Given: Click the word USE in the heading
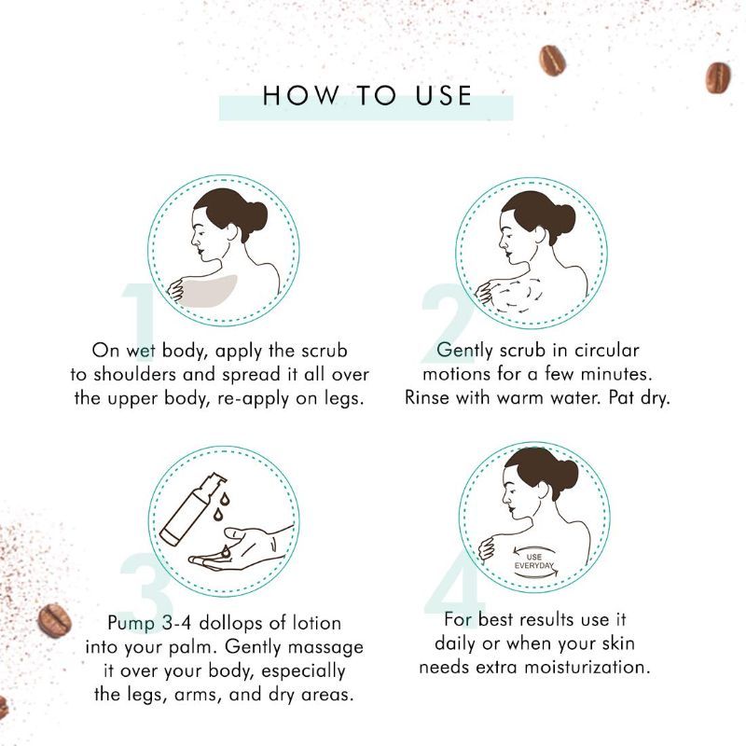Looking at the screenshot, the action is click(x=444, y=95).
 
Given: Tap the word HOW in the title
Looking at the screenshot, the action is click(x=300, y=95).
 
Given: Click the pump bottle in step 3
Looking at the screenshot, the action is click(x=190, y=509).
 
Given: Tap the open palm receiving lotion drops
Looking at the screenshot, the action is click(x=242, y=548).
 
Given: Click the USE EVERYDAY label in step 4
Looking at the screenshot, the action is click(x=533, y=561).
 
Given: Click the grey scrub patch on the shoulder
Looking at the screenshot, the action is click(x=208, y=290).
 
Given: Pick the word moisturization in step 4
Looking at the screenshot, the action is click(x=587, y=667).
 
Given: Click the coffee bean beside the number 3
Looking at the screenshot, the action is click(x=55, y=620).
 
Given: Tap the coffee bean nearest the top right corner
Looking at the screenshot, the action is click(x=718, y=77).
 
